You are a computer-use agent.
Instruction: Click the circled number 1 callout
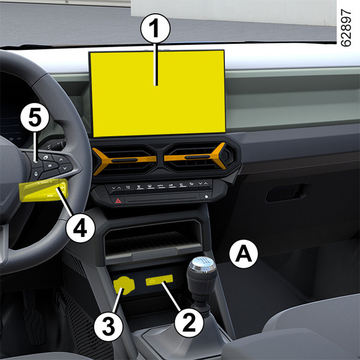click(155, 28)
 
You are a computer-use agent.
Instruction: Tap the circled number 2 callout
click(189, 323)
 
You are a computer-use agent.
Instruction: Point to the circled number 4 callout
click(80, 228)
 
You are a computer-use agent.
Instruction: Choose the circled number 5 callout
click(35, 118)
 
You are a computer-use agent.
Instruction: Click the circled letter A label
click(244, 254)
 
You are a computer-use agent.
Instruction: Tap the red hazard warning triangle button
click(118, 201)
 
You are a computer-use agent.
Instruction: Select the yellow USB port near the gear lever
click(160, 280)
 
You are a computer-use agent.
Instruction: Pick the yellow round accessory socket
click(124, 286)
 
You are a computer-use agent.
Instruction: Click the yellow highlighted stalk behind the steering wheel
click(44, 190)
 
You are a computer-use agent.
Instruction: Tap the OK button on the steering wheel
click(50, 166)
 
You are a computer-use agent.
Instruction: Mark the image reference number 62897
click(346, 28)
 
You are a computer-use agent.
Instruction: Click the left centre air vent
click(125, 160)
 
